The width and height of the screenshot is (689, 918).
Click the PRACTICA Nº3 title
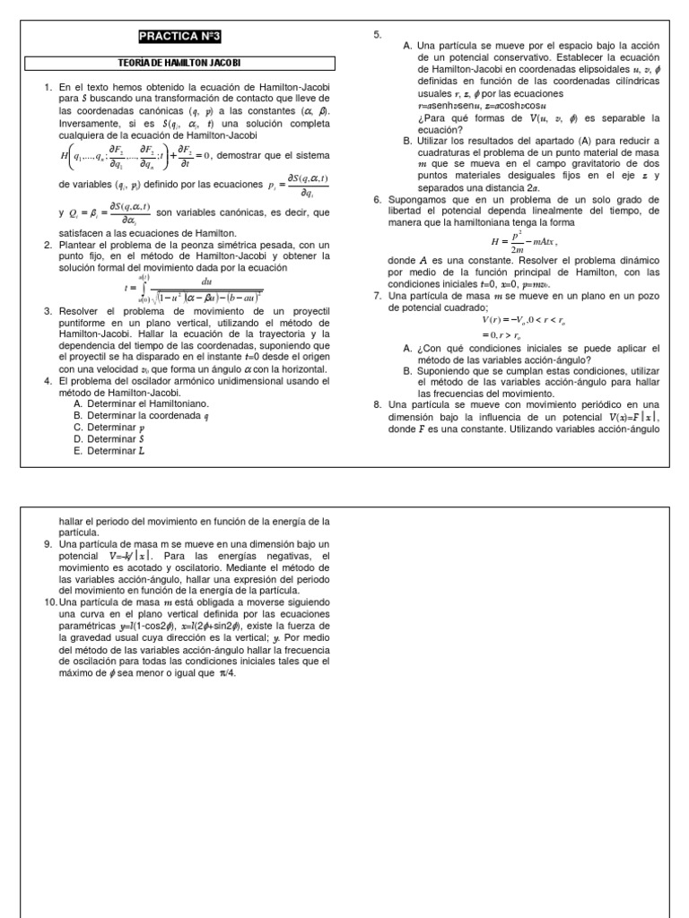coord(179,37)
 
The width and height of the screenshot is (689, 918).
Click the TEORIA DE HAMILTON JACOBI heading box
coord(179,63)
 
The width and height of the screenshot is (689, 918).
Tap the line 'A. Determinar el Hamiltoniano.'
coord(142,403)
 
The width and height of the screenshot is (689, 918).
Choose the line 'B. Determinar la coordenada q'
coord(142,416)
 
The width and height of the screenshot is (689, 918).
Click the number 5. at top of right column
coord(378,34)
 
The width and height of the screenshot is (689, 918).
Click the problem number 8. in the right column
coord(378,404)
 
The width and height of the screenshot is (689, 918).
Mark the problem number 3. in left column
coord(48,310)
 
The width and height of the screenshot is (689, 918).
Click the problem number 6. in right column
coord(378,199)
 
